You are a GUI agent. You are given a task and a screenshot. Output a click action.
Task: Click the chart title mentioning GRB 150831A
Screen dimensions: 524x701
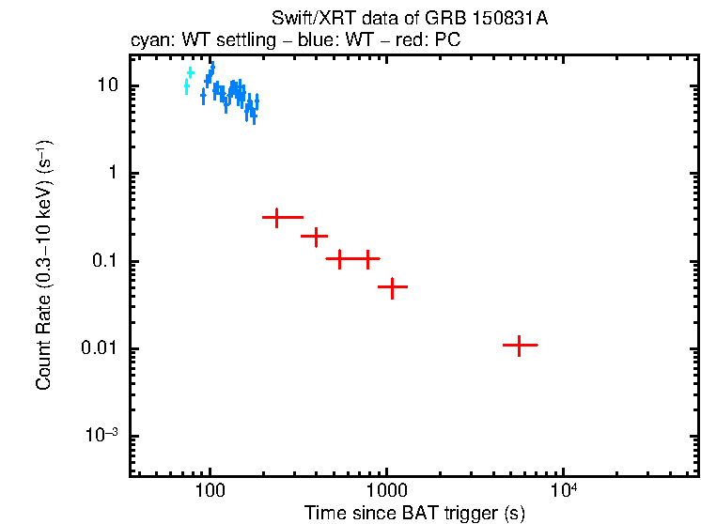pyautogui.click(x=409, y=19)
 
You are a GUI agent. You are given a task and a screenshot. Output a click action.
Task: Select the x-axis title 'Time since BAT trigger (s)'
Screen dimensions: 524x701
pyautogui.click(x=414, y=513)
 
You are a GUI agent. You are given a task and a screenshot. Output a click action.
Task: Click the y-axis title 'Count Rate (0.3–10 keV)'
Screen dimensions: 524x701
pyautogui.click(x=44, y=266)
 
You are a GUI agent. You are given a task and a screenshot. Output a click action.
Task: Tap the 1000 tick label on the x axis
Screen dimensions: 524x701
pyautogui.click(x=385, y=492)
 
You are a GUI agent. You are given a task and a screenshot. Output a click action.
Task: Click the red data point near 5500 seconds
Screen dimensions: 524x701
pyautogui.click(x=519, y=346)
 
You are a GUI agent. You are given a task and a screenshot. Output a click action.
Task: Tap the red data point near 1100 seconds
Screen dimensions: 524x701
pyautogui.click(x=392, y=286)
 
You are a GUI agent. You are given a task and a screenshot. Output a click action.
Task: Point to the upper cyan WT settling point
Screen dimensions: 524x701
pyautogui.click(x=191, y=71)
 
